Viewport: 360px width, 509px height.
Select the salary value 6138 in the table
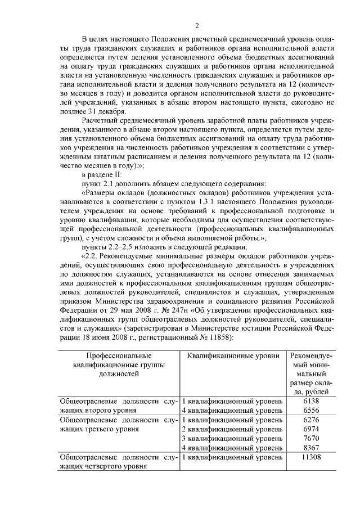pyautogui.click(x=310, y=401)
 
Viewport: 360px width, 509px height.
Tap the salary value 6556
pyautogui.click(x=310, y=411)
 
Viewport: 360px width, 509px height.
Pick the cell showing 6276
pyautogui.click(x=310, y=420)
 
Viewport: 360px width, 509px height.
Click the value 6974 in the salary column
pyautogui.click(x=310, y=429)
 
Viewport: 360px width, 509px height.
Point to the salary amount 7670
pyautogui.click(x=310, y=439)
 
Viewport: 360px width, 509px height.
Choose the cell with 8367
pyautogui.click(x=310, y=448)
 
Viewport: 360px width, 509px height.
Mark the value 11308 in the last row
pyautogui.click(x=310, y=458)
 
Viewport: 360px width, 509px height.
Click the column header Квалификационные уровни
pyautogui.click(x=232, y=355)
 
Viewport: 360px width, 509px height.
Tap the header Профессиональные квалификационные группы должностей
pyautogui.click(x=119, y=364)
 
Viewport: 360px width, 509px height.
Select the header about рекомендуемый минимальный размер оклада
pyautogui.click(x=310, y=373)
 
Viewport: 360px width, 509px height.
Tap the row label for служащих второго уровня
pyautogui.click(x=119, y=406)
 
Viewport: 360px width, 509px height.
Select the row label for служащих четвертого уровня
pyautogui.click(x=119, y=462)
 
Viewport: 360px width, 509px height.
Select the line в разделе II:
pyautogui.click(x=105, y=174)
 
